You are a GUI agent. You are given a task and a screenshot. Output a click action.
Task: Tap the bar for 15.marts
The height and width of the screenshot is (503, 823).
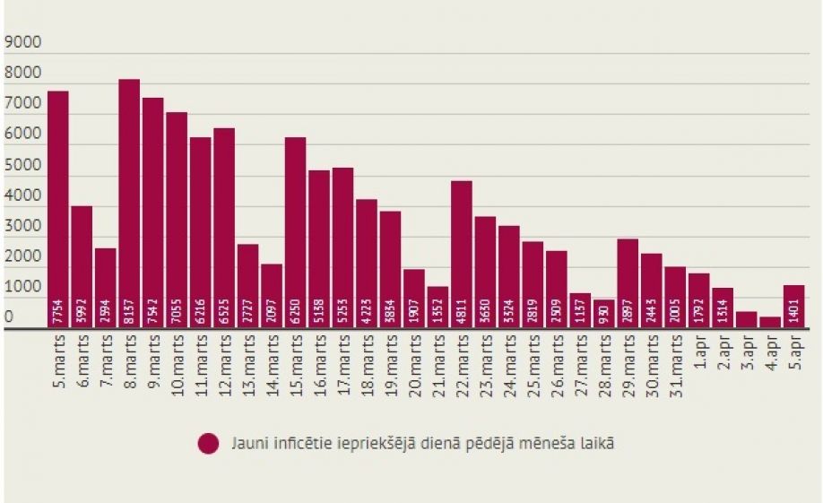pyautogui.click(x=295, y=232)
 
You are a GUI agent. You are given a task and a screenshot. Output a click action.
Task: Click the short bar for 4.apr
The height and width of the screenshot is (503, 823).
pyautogui.click(x=770, y=322)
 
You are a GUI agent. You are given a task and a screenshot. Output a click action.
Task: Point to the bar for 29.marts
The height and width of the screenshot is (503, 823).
pyautogui.click(x=628, y=283)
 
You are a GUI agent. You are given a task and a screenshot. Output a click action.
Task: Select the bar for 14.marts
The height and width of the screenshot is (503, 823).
pyautogui.click(x=272, y=296)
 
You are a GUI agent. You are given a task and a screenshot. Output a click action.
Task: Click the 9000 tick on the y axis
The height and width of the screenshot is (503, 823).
pyautogui.click(x=23, y=42)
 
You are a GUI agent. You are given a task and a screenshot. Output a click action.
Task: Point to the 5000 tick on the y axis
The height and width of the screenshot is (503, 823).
pyautogui.click(x=23, y=165)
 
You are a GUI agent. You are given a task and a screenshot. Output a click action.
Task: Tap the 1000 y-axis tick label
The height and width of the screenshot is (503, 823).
pyautogui.click(x=23, y=288)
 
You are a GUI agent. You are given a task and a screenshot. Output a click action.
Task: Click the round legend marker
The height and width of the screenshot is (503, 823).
pyautogui.click(x=209, y=444)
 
